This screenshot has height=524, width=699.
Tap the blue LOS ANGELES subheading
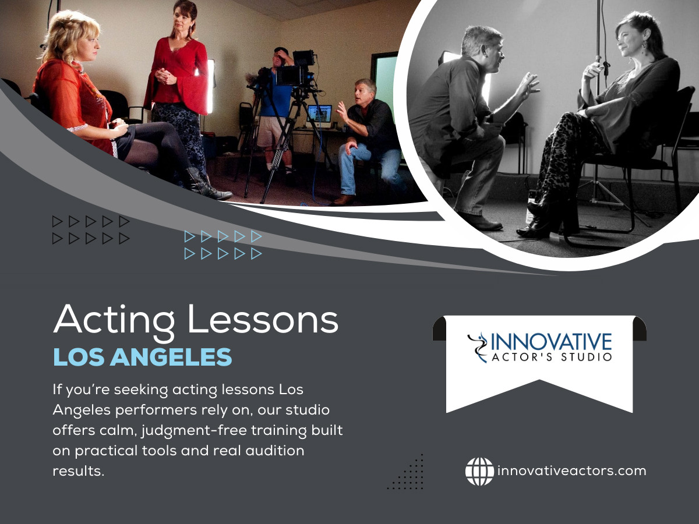point(142,357)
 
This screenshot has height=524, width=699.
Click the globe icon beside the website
point(479,471)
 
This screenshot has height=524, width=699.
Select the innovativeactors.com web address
point(571,471)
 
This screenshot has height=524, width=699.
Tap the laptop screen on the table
point(319,113)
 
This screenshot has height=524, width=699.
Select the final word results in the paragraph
point(78,471)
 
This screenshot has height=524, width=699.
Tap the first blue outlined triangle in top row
point(190,236)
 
